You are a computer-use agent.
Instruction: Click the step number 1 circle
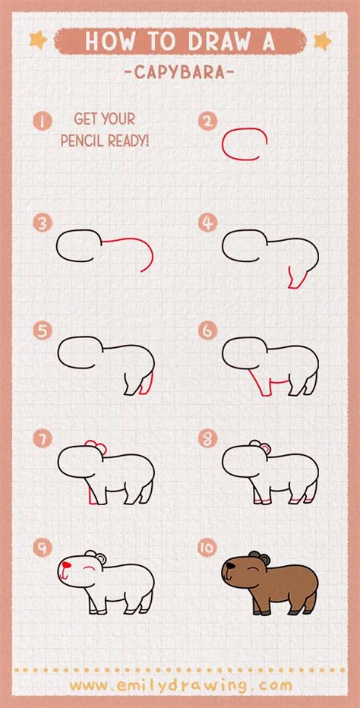coord(43,121)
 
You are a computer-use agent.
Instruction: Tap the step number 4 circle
coord(207,223)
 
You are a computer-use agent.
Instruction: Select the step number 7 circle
coord(43,439)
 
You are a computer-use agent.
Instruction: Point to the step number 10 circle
coord(207,548)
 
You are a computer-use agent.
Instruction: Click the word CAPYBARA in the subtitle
coord(180,72)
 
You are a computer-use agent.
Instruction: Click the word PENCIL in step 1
coord(82,141)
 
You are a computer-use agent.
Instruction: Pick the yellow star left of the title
coord(39,40)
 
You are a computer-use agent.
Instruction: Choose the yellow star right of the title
coord(322,41)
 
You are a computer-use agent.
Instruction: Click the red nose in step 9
coord(67,565)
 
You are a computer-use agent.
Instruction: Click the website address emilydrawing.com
coord(181,685)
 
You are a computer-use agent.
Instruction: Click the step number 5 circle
coord(43,331)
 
